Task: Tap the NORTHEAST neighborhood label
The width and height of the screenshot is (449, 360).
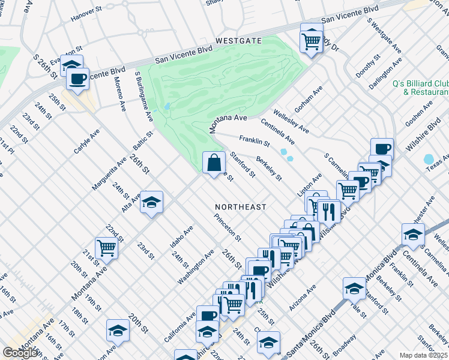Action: (x=241, y=207)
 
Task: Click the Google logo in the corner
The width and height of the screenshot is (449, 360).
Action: (x=20, y=353)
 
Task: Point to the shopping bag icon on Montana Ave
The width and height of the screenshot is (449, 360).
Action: (x=214, y=163)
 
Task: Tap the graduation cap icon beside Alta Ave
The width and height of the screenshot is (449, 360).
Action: (x=151, y=202)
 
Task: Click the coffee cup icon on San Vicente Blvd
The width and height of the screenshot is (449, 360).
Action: (x=77, y=79)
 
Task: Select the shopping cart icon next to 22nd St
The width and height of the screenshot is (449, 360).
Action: (x=106, y=247)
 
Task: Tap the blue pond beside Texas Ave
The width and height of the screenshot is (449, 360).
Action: (x=429, y=160)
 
